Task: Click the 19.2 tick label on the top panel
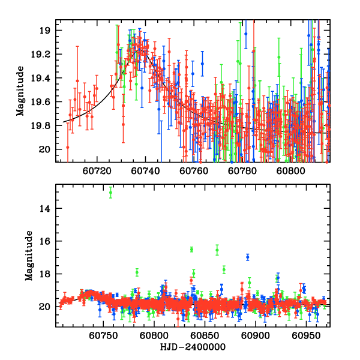click(x=45, y=54)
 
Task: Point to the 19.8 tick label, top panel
click(x=45, y=125)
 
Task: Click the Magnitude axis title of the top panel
click(x=20, y=94)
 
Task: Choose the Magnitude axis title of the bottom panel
click(x=28, y=259)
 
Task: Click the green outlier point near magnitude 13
click(x=111, y=193)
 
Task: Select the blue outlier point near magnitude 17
click(x=248, y=257)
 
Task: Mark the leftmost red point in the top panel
click(x=68, y=147)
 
